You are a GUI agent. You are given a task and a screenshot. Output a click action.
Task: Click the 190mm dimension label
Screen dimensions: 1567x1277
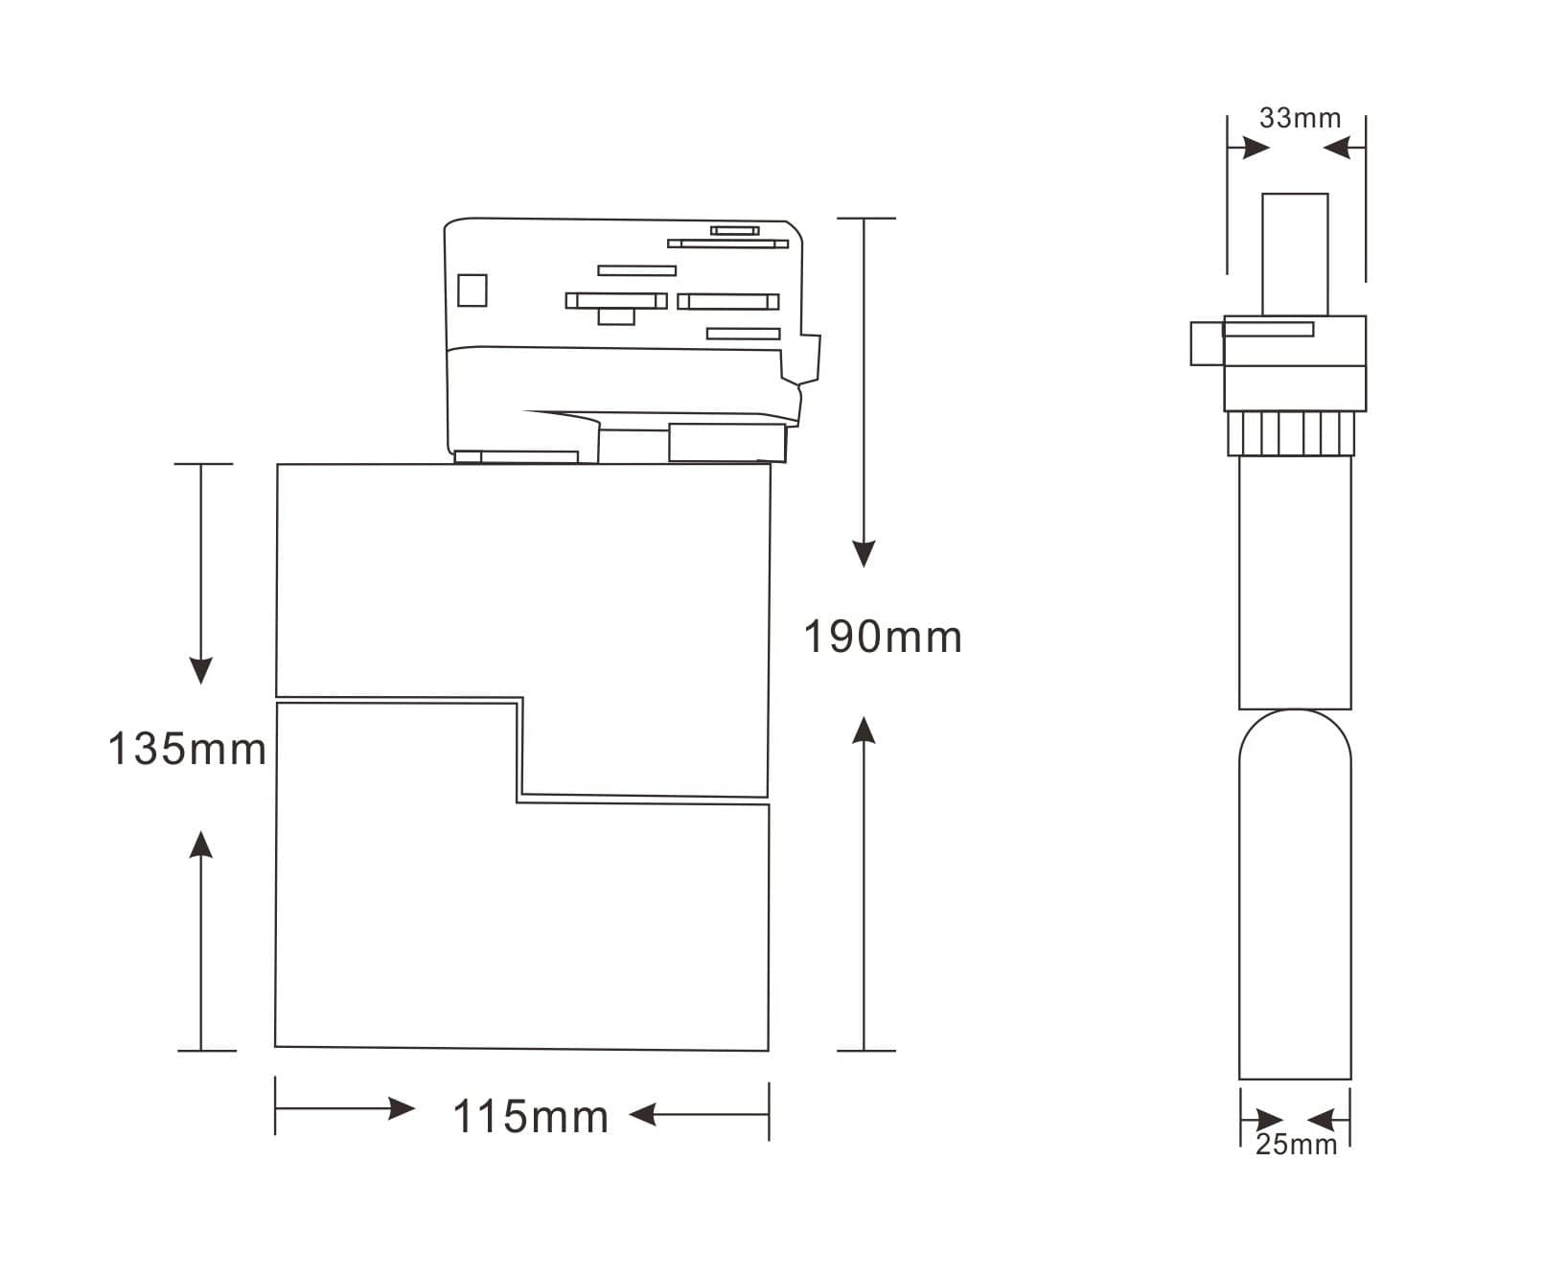(882, 638)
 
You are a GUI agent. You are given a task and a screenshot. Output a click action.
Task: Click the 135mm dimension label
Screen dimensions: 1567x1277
(187, 749)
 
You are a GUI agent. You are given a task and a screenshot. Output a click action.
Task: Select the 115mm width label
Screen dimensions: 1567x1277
(530, 1117)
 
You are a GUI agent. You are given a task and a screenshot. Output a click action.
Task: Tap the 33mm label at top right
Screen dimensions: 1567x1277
(1300, 118)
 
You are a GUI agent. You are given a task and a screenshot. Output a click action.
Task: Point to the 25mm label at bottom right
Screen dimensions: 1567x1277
(1296, 1144)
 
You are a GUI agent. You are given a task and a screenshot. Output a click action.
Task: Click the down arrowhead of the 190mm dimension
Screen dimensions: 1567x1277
(864, 554)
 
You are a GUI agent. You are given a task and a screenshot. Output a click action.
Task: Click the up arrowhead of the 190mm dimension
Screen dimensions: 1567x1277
(864, 730)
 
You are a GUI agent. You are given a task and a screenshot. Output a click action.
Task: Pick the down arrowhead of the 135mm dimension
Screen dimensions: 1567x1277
(200, 671)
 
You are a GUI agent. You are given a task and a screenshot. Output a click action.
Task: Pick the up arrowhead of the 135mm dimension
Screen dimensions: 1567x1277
(200, 844)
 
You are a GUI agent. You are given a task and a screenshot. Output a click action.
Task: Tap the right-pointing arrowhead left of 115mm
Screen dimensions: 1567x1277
(402, 1109)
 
